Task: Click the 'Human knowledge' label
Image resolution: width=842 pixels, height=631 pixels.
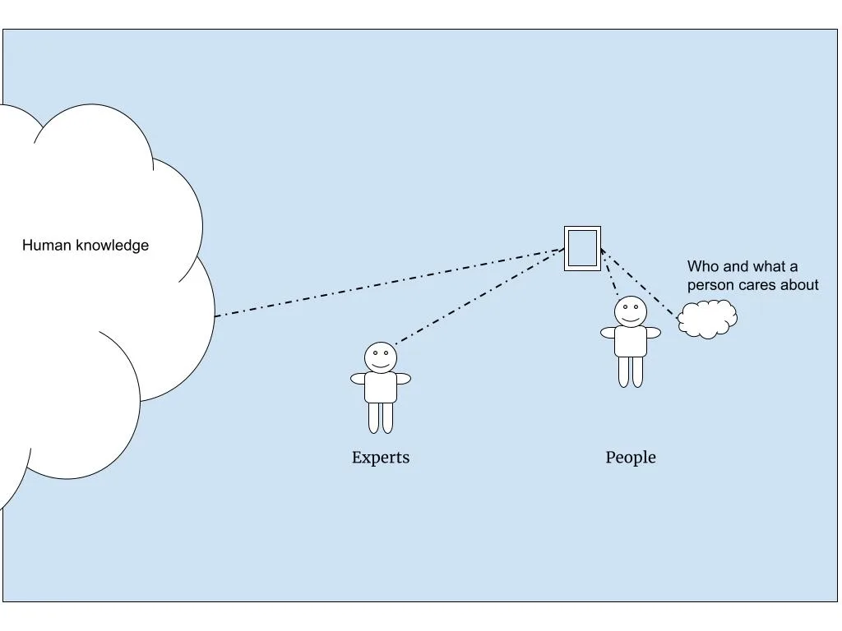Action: click(86, 245)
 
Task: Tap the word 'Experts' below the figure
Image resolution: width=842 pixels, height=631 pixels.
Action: click(380, 458)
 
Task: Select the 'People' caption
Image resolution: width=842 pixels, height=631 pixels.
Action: click(631, 458)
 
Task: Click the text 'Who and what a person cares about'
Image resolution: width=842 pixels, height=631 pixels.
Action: click(752, 275)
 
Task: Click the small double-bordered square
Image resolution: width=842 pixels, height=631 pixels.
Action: click(582, 248)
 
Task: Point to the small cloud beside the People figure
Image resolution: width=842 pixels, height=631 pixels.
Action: click(707, 319)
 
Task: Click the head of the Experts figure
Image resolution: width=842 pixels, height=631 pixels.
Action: click(381, 357)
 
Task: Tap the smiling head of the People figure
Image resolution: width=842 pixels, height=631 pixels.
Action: click(631, 311)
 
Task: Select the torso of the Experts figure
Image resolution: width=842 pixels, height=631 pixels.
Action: click(381, 386)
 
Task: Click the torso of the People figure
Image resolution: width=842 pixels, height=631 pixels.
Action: click(631, 340)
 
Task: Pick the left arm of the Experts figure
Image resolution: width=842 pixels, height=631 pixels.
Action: click(359, 379)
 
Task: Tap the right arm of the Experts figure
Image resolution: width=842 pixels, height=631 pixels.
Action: click(403, 379)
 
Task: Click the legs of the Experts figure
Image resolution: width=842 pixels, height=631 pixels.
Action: click(381, 417)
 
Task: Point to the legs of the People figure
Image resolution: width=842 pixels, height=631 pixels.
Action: click(631, 371)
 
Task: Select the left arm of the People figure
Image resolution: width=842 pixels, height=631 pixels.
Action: click(608, 333)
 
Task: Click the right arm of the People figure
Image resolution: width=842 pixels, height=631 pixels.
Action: click(653, 333)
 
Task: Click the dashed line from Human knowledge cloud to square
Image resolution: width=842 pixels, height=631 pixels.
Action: click(386, 282)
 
